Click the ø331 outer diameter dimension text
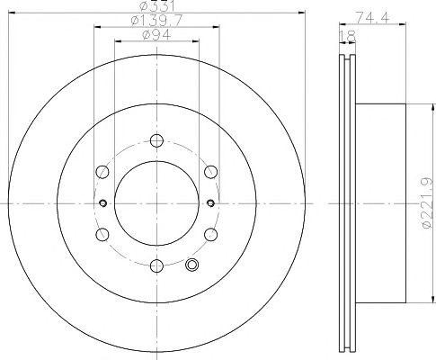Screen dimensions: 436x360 click(157, 5)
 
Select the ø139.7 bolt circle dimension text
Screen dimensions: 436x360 click(156, 21)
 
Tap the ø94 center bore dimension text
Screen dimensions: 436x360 click(156, 34)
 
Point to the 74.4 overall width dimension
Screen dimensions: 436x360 click(372, 18)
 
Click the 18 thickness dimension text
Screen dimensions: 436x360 click(348, 37)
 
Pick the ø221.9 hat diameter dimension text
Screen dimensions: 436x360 click(427, 203)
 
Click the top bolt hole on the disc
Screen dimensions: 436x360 click(156, 140)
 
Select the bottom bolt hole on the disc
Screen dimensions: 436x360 click(156, 265)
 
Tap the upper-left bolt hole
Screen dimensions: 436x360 click(102, 172)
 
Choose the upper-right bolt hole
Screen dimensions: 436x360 click(210, 172)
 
